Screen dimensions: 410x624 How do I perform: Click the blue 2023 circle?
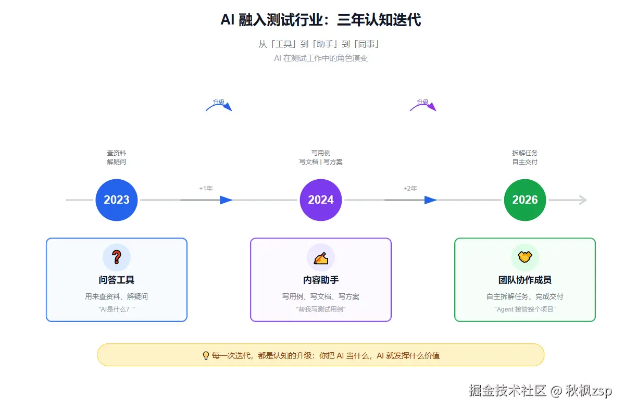click(x=117, y=200)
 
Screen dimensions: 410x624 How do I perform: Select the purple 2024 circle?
click(x=321, y=200)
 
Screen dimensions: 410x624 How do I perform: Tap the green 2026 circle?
click(x=525, y=200)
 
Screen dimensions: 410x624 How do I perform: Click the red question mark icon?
click(x=117, y=257)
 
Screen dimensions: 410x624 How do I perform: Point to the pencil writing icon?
click(x=321, y=257)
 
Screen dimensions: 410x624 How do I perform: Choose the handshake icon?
click(x=525, y=257)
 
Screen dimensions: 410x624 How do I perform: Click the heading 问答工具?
click(x=117, y=280)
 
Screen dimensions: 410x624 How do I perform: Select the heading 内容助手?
click(x=321, y=280)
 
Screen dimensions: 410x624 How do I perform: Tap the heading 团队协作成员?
click(x=525, y=280)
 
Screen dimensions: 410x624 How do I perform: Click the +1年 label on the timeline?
click(x=206, y=188)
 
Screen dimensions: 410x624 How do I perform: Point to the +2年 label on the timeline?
click(x=410, y=188)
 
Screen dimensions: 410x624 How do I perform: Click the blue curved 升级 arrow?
click(x=219, y=105)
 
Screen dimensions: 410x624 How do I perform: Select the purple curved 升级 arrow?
click(x=423, y=105)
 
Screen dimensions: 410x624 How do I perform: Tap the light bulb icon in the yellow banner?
click(x=206, y=356)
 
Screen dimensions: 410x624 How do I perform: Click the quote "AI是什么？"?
click(x=117, y=309)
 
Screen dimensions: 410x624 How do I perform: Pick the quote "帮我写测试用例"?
click(x=321, y=309)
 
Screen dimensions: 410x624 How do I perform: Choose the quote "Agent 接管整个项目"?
click(x=525, y=309)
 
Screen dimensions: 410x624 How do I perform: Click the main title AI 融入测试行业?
click(x=321, y=20)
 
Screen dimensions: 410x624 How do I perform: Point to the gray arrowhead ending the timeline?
click(x=583, y=200)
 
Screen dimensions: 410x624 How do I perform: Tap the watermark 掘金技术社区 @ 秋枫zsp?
click(x=540, y=390)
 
